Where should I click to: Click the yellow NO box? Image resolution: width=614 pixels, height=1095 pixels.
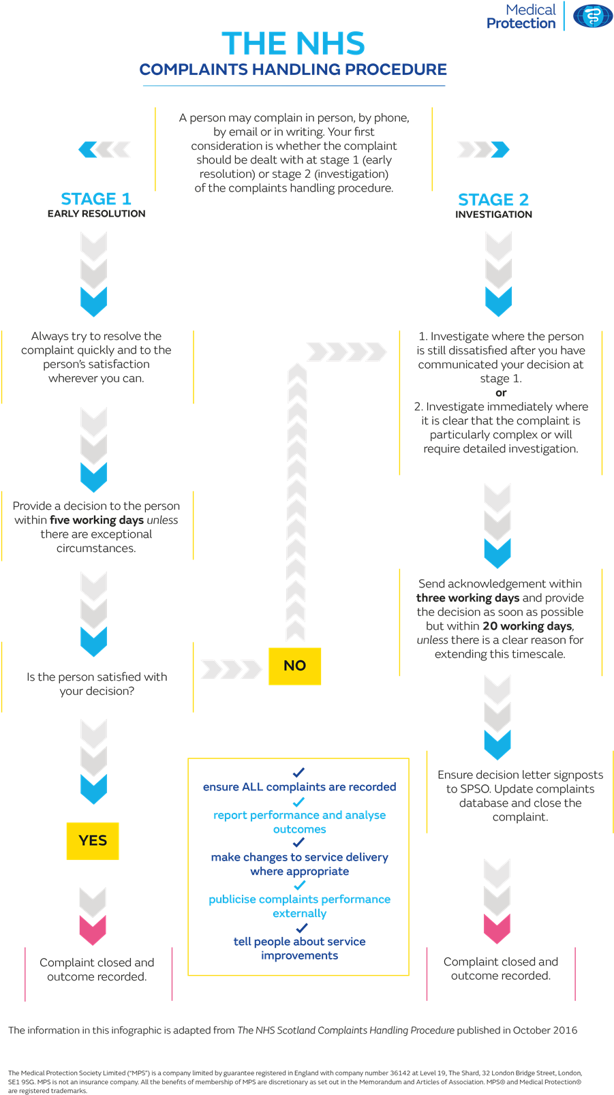pos(294,666)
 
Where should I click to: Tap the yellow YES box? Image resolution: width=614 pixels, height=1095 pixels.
pos(93,841)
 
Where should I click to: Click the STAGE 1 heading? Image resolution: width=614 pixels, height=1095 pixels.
pos(96,199)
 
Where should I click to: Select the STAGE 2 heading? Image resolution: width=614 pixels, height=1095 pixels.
pos(493,200)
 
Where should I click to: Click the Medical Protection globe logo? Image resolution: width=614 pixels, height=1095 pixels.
pos(592,16)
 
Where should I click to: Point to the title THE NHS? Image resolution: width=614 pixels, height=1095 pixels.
pos(293,44)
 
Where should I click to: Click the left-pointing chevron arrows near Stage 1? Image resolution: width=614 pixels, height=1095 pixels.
pos(105,149)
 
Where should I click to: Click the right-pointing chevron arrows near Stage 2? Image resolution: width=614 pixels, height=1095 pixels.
pos(482,149)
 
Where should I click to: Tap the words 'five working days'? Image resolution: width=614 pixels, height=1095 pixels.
pos(96,520)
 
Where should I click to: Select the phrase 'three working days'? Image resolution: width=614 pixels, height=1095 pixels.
pos(467,598)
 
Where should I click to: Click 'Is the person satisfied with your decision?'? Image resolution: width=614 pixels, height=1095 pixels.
pos(97,684)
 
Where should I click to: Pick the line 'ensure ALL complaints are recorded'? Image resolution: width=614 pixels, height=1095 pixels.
pos(299,787)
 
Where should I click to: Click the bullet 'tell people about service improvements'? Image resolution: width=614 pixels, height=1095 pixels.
pos(299,949)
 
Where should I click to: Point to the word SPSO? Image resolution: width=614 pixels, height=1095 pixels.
pos(461,789)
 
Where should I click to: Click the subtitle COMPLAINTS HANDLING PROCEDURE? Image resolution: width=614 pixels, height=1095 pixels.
pos(293,70)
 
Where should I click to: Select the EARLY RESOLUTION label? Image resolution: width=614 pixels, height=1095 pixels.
pos(96,214)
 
